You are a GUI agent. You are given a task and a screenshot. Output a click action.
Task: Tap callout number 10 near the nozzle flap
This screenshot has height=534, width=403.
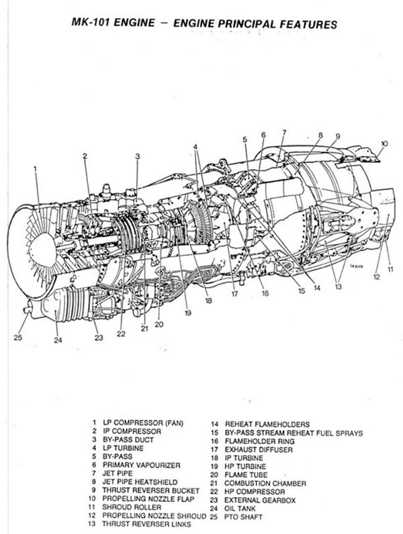click(384, 143)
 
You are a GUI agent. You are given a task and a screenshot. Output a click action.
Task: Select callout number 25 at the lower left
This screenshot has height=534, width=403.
click(18, 337)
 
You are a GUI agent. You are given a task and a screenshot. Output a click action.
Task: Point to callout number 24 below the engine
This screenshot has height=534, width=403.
click(58, 340)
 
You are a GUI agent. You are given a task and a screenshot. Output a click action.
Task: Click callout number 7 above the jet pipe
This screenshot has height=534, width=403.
click(283, 132)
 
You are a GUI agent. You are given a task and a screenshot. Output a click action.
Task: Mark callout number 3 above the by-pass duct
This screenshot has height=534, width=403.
click(136, 157)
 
